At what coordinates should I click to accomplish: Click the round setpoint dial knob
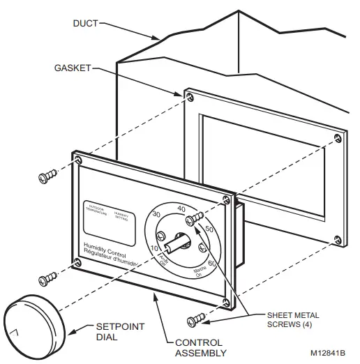click(x=32, y=324)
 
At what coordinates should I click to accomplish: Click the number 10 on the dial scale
click(x=155, y=250)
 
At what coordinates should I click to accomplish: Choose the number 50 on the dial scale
click(x=209, y=229)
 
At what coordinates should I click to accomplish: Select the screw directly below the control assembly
click(x=197, y=319)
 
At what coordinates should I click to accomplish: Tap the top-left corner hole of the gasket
click(x=189, y=93)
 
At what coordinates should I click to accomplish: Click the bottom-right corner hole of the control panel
click(x=225, y=301)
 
